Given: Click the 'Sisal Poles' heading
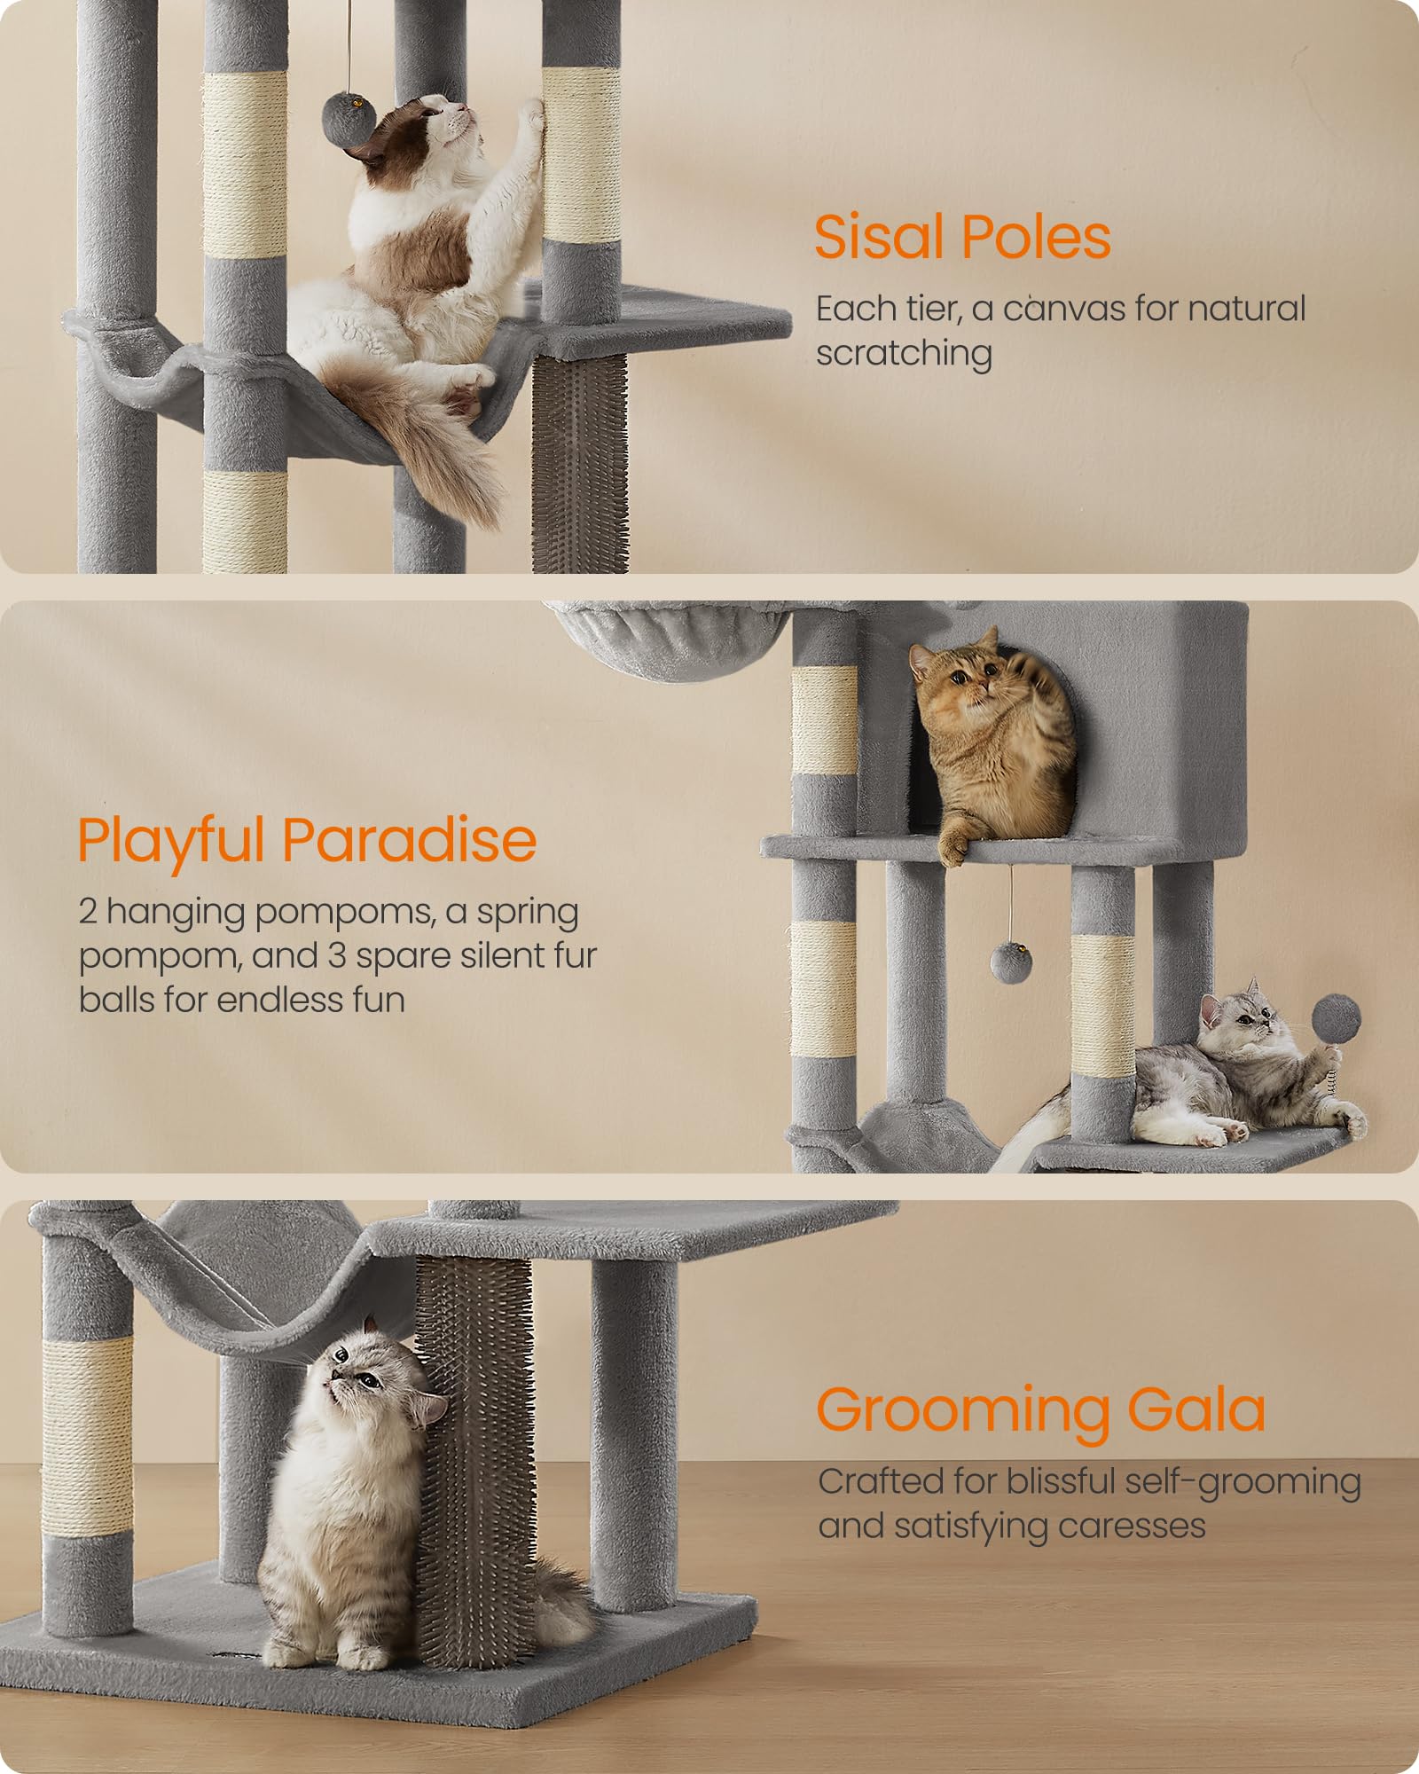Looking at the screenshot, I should [962, 238].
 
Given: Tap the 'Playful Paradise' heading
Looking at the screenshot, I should [307, 839].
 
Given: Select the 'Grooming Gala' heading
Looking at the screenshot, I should [1040, 1409].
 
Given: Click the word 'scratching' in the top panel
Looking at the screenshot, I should [904, 353].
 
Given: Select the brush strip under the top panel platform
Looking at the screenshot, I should [581, 461].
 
